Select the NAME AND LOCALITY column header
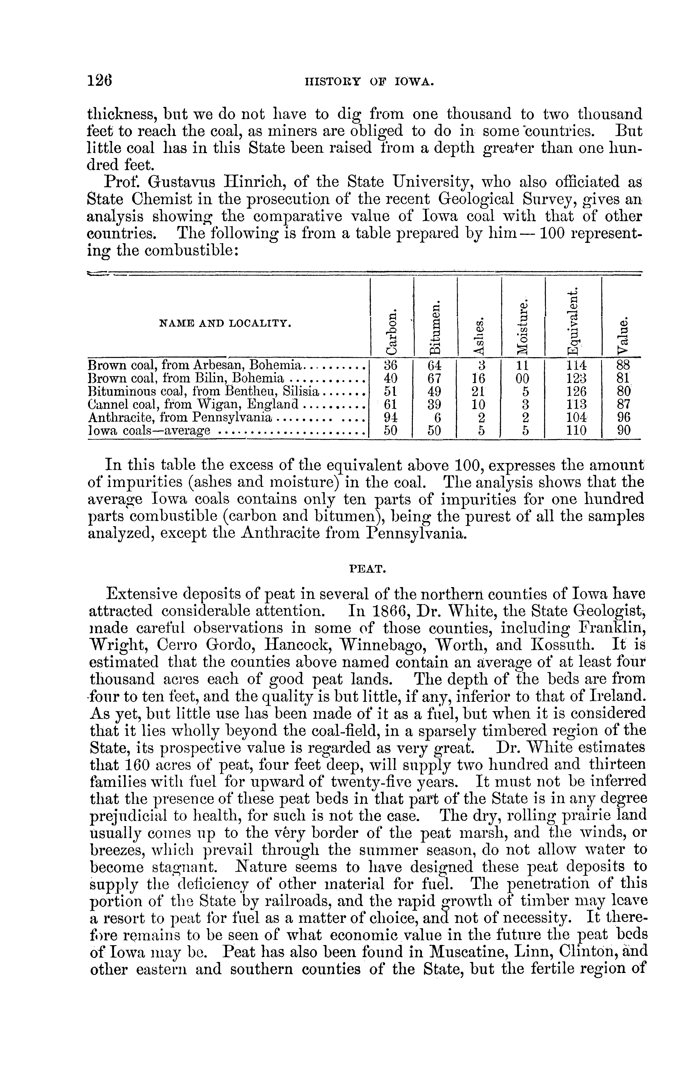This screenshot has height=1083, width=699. [226, 323]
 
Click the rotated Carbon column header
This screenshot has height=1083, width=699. [390, 333]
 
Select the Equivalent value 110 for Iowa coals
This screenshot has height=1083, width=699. [574, 430]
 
